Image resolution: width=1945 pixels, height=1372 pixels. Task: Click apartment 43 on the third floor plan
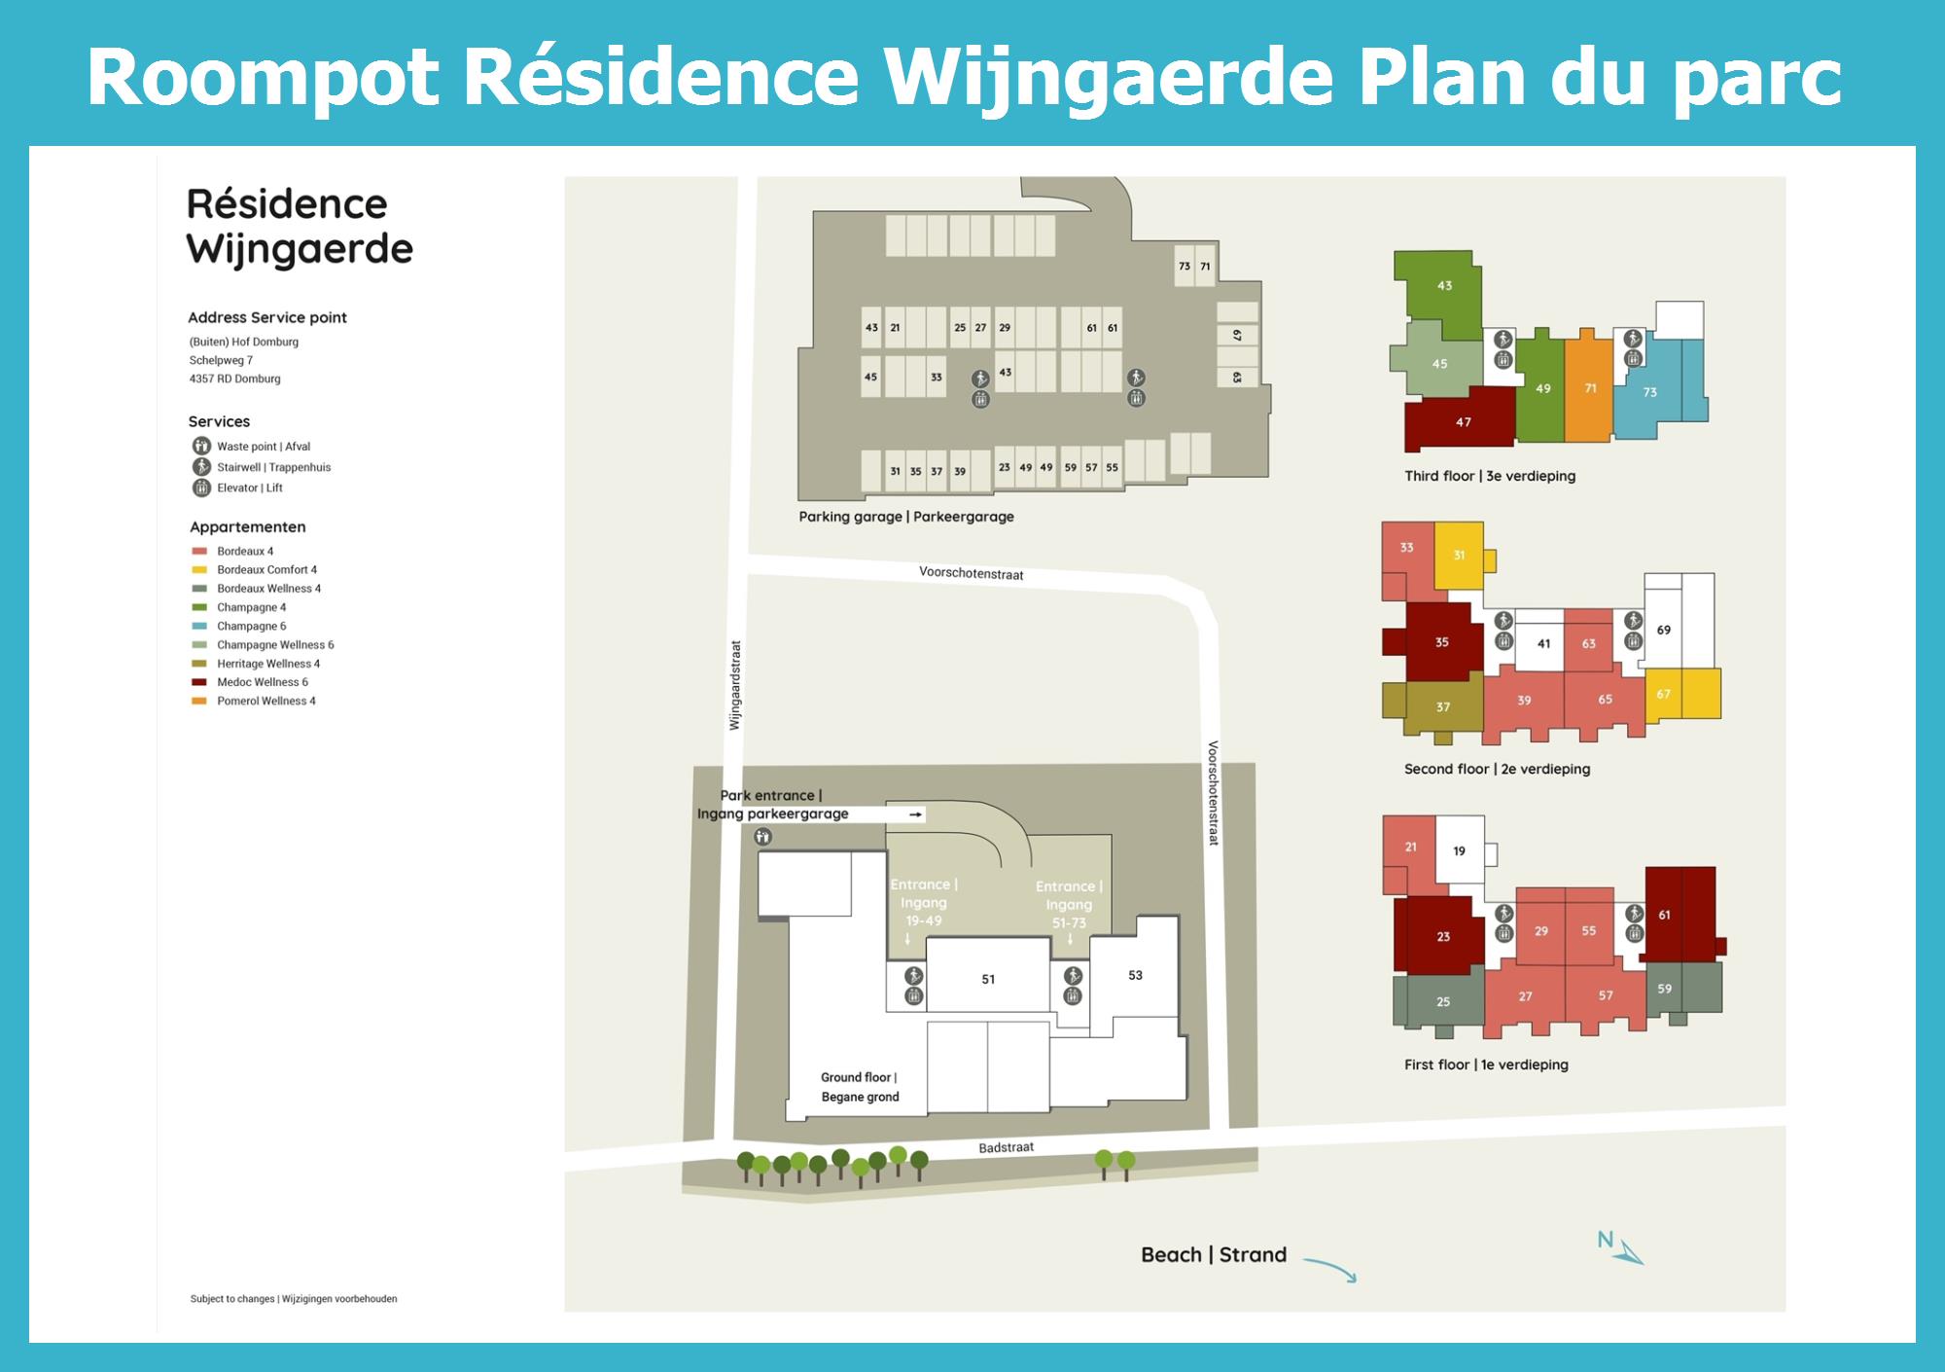click(x=1444, y=286)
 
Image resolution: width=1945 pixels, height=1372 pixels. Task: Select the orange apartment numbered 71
click(x=1590, y=388)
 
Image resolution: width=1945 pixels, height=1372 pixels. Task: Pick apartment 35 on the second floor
click(x=1442, y=642)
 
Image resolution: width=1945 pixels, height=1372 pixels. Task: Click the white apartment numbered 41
click(x=1543, y=643)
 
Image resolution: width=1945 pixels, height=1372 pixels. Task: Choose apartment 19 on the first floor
click(x=1459, y=851)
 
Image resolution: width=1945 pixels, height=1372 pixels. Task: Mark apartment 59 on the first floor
click(x=1665, y=989)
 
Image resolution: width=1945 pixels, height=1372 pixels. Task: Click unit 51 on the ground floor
click(x=988, y=979)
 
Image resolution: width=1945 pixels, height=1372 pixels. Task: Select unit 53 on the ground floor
click(x=1135, y=975)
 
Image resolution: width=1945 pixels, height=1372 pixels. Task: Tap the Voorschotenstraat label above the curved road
click(x=971, y=574)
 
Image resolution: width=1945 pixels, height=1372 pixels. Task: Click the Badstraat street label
click(x=1006, y=1148)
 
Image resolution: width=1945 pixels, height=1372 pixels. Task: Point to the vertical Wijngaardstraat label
click(x=735, y=685)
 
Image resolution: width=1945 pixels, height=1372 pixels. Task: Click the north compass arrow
click(x=1628, y=1252)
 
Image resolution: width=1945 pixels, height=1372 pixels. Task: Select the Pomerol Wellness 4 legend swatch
click(x=199, y=702)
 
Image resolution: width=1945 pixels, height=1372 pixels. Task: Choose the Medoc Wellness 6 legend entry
click(x=262, y=682)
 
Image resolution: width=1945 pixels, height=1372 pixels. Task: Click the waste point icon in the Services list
click(x=201, y=447)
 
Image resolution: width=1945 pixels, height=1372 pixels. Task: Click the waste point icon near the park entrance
click(x=763, y=837)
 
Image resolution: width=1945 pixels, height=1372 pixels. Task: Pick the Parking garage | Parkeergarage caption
click(x=905, y=517)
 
